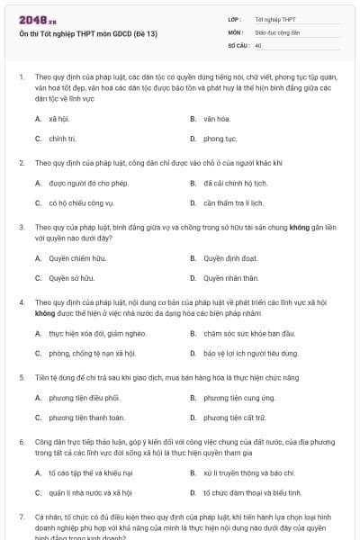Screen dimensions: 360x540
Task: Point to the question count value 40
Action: pos(258,44)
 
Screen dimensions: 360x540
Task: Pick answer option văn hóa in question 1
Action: pos(217,119)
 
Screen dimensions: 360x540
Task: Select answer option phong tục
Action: pos(219,139)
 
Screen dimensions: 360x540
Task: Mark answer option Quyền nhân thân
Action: pos(230,278)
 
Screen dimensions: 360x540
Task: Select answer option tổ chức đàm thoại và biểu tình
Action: pos(249,492)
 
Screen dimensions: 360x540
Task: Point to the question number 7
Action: pos(21,517)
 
